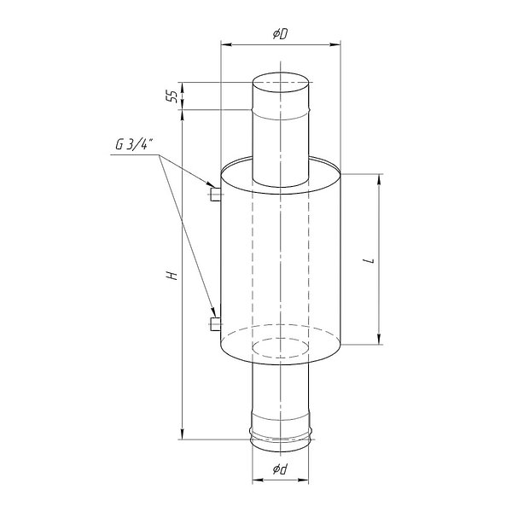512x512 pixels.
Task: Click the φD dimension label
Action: (281, 34)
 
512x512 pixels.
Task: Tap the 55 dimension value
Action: (172, 96)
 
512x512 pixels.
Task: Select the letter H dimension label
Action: (172, 276)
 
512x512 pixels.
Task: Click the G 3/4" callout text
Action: (134, 144)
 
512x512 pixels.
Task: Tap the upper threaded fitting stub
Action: (215, 195)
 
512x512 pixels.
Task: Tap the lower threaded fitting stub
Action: (215, 324)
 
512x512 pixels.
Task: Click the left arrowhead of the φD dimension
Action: (227, 44)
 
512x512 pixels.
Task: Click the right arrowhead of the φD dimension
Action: (335, 44)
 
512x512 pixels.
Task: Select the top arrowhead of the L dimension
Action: (379, 180)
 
